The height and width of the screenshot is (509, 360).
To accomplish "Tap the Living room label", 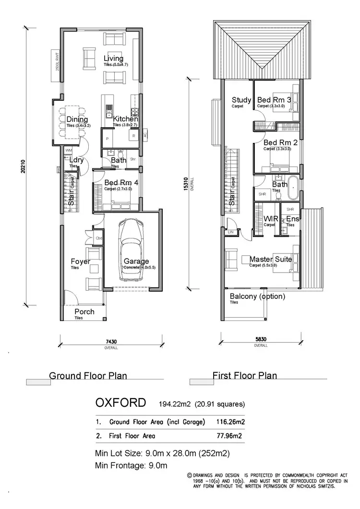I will (113, 59).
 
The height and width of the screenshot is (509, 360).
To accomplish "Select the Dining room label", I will (77, 119).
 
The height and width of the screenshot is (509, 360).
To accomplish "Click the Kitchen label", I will (125, 119).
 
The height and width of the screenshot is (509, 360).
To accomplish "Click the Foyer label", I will (80, 261).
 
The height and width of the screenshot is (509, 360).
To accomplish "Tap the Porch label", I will (84, 312).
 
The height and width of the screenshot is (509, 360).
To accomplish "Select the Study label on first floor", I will (241, 100).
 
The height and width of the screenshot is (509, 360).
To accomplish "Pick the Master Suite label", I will (270, 259).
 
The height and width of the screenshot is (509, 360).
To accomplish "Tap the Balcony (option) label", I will (257, 296).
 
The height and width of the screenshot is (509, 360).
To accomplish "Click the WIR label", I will (271, 219).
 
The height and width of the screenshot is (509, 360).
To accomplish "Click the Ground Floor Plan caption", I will (88, 376).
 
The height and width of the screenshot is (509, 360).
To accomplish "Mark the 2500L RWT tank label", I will (57, 61).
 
